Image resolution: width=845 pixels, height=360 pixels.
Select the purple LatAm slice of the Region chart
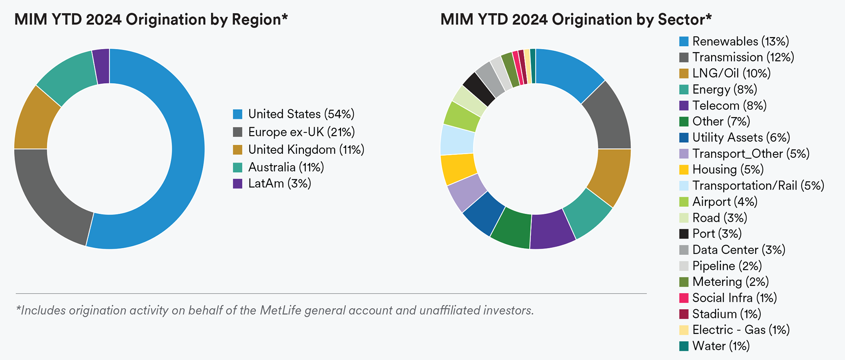coord(102,66)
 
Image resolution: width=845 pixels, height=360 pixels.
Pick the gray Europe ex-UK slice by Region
coord(49,199)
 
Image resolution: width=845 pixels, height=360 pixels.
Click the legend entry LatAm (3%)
coord(279,183)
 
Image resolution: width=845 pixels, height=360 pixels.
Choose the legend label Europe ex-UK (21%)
coord(301,132)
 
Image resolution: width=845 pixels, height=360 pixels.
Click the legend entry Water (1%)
coord(720,346)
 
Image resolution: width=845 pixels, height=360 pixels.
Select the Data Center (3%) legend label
coord(738,250)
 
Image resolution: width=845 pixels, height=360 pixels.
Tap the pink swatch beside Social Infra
coord(684,298)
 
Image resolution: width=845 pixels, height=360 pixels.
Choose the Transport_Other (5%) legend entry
coord(750,154)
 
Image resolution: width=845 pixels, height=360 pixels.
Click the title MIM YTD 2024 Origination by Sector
coord(576,19)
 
